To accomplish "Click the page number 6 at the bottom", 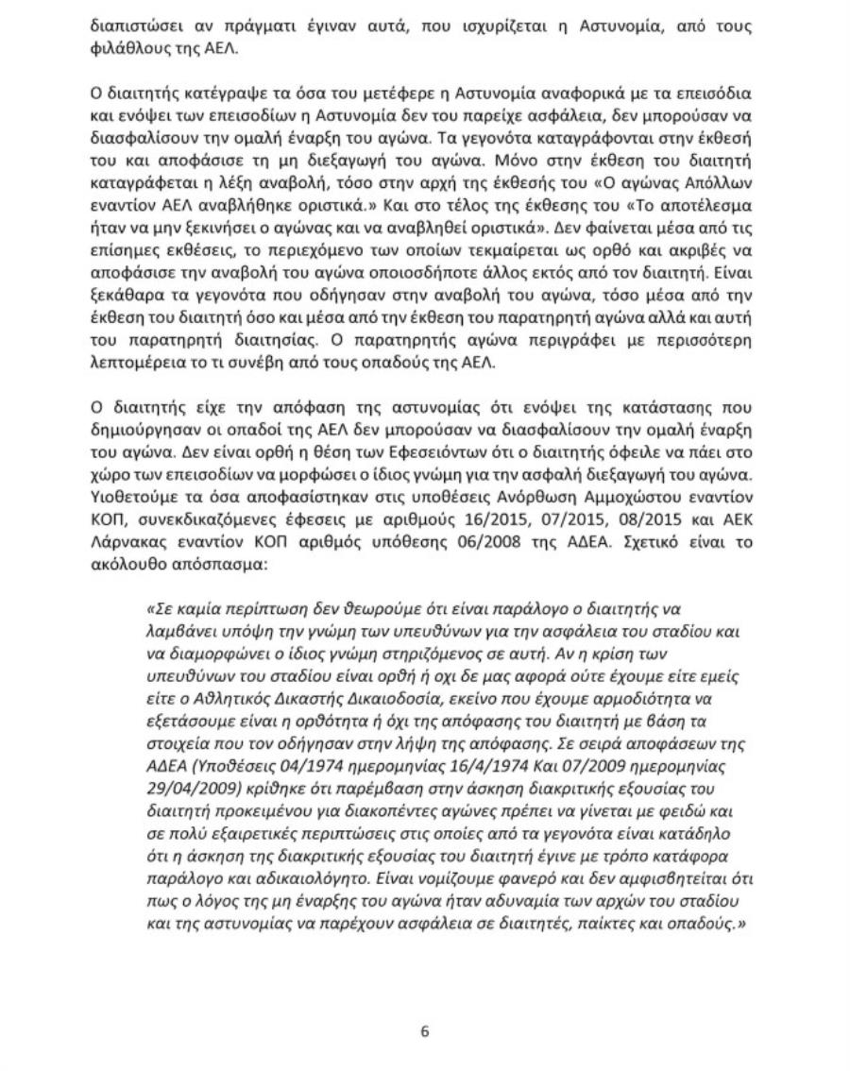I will (424, 1031).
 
